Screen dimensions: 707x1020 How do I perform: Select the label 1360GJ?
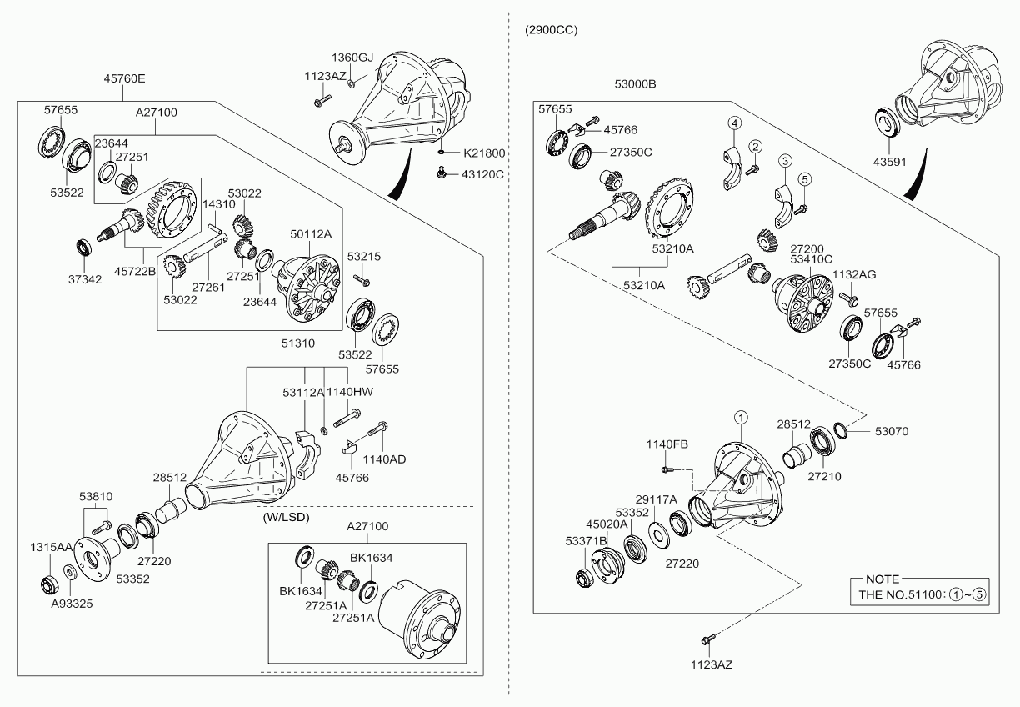pyautogui.click(x=352, y=58)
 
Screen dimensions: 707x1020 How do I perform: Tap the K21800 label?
pyautogui.click(x=485, y=154)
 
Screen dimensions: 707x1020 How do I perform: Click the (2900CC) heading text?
pyautogui.click(x=551, y=30)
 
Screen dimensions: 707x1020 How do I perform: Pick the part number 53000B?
pyautogui.click(x=635, y=84)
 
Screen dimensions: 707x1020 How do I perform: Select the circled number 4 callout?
pyautogui.click(x=734, y=123)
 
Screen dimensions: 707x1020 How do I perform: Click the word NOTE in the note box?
pyautogui.click(x=882, y=579)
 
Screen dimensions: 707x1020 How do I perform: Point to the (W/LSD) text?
pyautogui.click(x=286, y=517)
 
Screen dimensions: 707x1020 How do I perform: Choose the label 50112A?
pyautogui.click(x=310, y=234)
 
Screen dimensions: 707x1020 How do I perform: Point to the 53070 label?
pyautogui.click(x=891, y=431)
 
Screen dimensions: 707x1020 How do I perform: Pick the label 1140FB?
pyautogui.click(x=667, y=444)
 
